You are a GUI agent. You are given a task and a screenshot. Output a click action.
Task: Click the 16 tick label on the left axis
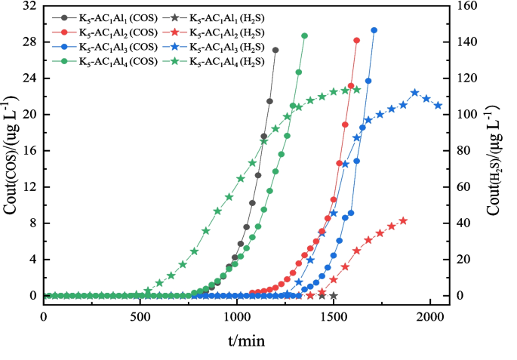pyautogui.click(x=31, y=151)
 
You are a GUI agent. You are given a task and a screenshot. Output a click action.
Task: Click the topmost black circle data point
pyautogui.click(x=275, y=51)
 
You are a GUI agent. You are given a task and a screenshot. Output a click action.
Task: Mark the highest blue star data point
pyautogui.click(x=415, y=93)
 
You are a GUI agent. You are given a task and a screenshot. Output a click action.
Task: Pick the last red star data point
pyautogui.click(x=403, y=220)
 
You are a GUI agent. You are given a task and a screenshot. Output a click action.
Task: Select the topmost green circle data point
pyautogui.click(x=304, y=35)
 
